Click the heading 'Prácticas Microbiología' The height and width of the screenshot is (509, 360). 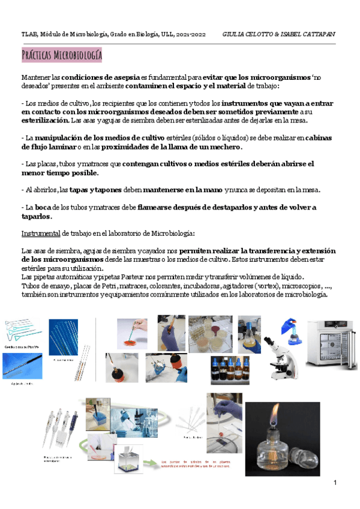62,56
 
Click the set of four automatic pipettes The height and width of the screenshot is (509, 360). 61,428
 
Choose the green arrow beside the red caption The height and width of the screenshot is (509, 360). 150,463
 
